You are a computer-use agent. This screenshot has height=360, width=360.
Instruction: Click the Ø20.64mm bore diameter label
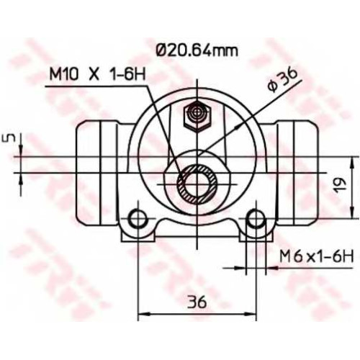click(197, 50)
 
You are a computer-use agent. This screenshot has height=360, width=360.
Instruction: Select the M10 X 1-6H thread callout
click(97, 74)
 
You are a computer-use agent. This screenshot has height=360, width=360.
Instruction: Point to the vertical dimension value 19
click(341, 185)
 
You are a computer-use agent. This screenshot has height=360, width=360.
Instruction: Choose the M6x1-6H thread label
click(317, 256)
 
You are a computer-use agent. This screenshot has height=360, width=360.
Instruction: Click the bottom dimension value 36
click(197, 302)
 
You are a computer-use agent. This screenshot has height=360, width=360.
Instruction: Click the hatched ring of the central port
click(197, 184)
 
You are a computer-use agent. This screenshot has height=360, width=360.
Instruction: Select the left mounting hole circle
click(138, 219)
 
